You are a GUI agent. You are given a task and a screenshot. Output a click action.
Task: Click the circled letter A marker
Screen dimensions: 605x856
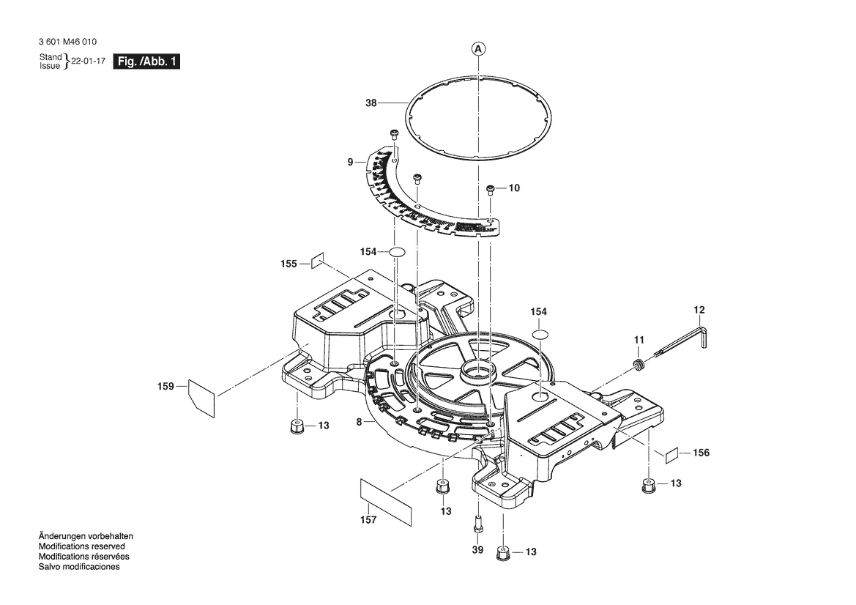[477, 49]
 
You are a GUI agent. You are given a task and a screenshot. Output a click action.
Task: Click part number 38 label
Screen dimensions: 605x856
[371, 103]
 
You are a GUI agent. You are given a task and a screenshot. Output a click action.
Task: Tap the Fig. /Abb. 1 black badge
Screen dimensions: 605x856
[146, 62]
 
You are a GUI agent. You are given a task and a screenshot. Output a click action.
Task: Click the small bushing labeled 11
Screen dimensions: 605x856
[639, 363]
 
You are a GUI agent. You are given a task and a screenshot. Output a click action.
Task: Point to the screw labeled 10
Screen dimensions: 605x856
[491, 189]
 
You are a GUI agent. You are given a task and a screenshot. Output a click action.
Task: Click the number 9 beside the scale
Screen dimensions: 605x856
[350, 161]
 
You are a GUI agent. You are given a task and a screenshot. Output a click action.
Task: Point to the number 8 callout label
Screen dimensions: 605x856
[359, 421]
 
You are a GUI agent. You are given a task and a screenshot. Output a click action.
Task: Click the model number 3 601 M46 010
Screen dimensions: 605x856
[68, 43]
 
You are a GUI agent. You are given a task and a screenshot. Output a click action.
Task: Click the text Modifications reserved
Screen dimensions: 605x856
[81, 546]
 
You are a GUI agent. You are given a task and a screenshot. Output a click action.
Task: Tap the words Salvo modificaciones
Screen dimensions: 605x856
[79, 567]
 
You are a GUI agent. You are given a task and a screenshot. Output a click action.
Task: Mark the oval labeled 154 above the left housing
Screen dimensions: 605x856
[397, 252]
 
